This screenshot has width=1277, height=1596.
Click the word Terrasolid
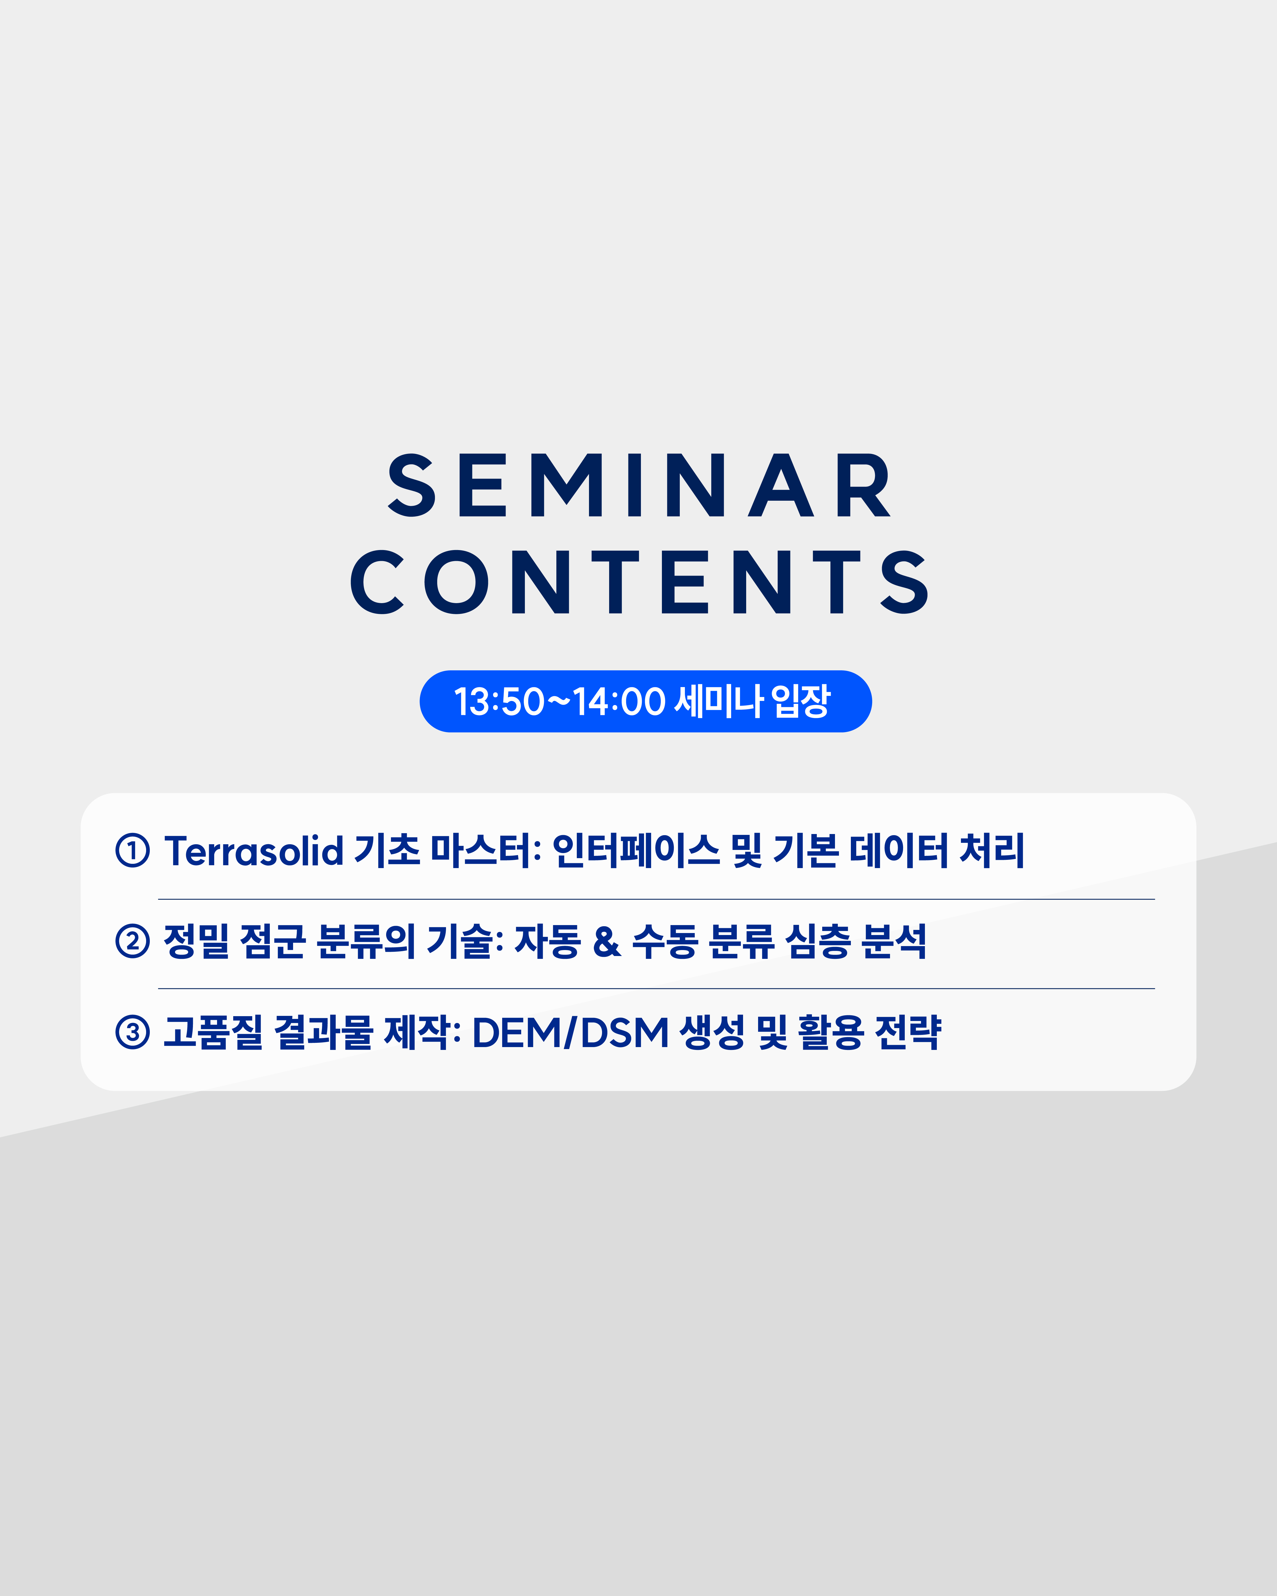tap(254, 850)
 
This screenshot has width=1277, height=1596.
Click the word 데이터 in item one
tap(899, 850)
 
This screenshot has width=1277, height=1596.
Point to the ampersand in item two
tap(607, 942)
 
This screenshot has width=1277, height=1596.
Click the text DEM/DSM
tap(570, 1033)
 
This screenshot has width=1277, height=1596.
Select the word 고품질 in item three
tap(213, 1033)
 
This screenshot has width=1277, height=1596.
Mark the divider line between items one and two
tap(656, 899)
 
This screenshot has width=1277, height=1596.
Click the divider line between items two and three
tap(656, 988)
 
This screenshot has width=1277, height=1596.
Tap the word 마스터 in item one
tap(481, 850)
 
